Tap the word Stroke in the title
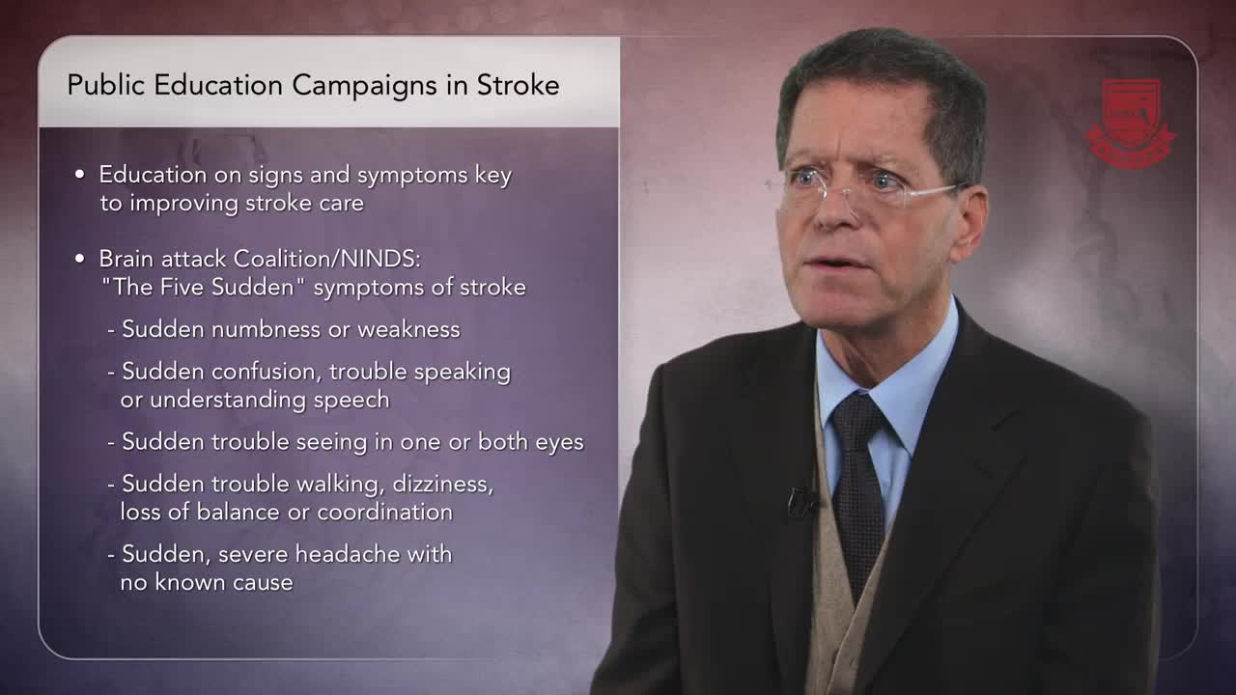(x=519, y=85)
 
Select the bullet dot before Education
(x=80, y=175)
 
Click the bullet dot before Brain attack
(x=80, y=258)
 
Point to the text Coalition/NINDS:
(x=327, y=259)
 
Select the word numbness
(x=266, y=329)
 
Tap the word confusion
(x=267, y=372)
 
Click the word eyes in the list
(x=559, y=443)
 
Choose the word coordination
(x=385, y=512)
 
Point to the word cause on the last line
(x=263, y=583)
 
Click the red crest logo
(x=1131, y=124)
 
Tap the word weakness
(x=408, y=329)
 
